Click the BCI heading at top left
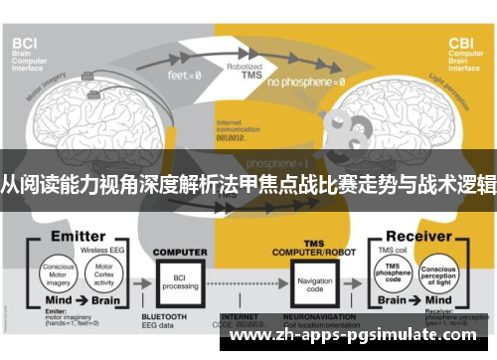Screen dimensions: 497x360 24,43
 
